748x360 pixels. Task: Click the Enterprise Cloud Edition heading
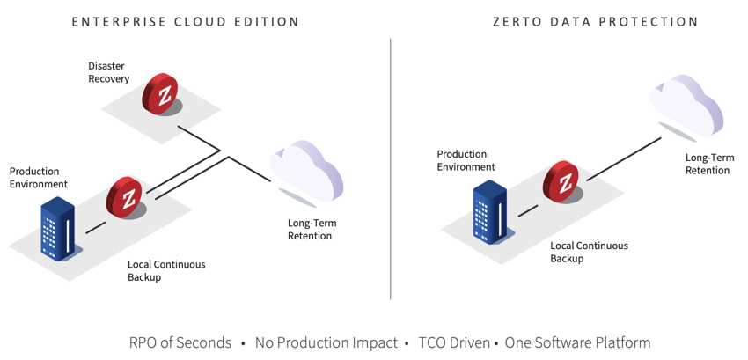click(185, 22)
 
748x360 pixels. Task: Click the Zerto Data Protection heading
click(596, 22)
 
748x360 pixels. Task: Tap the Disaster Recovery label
click(109, 72)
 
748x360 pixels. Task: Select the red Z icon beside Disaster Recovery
click(160, 94)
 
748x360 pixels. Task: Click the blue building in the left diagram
click(57, 228)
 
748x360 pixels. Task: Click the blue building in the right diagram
click(490, 211)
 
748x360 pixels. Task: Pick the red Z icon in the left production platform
click(124, 198)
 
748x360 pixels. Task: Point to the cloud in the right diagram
click(686, 106)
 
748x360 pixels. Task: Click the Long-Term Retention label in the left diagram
click(310, 229)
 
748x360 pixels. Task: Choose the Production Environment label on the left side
click(39, 177)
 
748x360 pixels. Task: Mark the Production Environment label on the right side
click(466, 160)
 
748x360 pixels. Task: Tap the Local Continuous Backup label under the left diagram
click(166, 270)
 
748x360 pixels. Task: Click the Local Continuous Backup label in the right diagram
click(589, 252)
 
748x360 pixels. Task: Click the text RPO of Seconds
click(180, 342)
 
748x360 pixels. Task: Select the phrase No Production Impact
click(326, 342)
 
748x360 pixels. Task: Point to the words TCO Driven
click(454, 342)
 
